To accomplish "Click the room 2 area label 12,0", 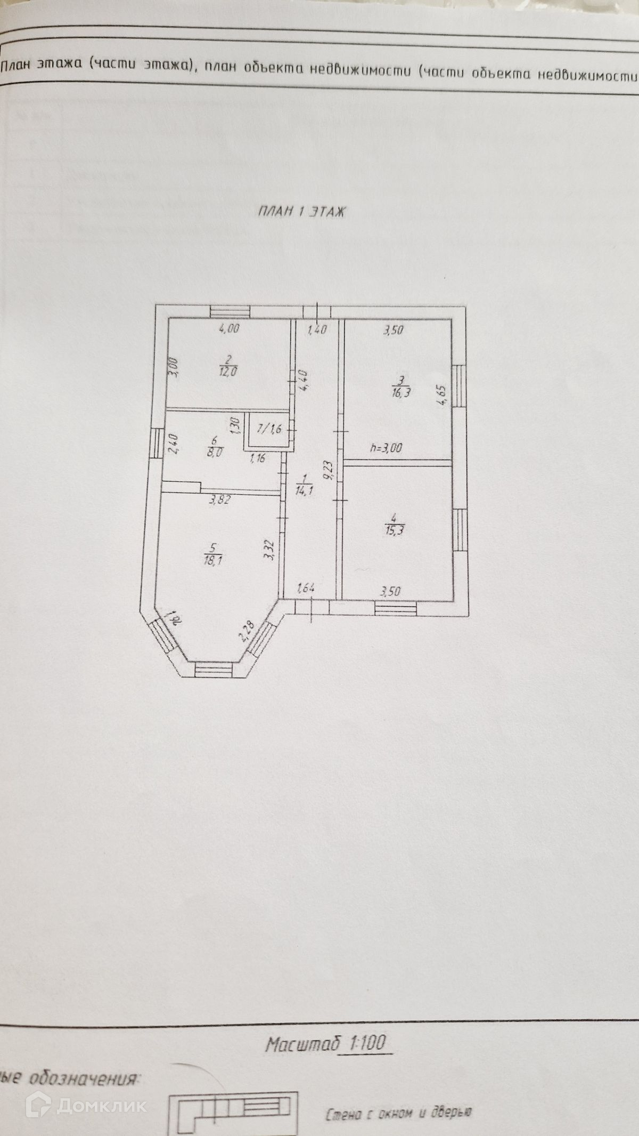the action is pos(227,372).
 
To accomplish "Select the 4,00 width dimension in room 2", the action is pos(229,329).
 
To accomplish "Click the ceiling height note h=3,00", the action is pos(386,448).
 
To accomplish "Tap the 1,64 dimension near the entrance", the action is pos(306,589).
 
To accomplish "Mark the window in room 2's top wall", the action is pos(230,311).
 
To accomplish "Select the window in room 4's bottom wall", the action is pos(395,608).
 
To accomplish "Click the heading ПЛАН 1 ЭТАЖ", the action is pos(302,212).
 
